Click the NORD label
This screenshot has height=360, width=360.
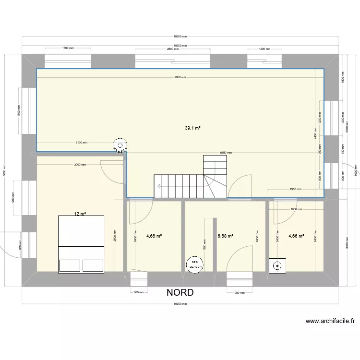pos(180,292)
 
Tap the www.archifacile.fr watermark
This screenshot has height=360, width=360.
pos(330,321)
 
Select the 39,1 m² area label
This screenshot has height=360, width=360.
pos(192,128)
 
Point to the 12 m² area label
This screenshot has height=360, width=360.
pos(80,214)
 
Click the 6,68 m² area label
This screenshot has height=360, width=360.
pos(225,236)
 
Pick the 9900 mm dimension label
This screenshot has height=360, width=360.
pos(180,77)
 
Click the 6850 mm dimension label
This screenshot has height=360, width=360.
pos(226,153)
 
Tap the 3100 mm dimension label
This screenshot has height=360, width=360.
pos(81,143)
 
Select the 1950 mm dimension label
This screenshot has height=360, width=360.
pos(295,189)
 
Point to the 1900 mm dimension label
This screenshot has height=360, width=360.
pos(296,209)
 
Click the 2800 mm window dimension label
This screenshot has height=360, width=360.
pos(173,49)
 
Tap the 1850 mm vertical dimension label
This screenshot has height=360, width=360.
pos(204,244)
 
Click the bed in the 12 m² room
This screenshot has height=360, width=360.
pos(81,244)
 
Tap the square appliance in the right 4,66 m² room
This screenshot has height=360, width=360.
pos(277,265)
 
